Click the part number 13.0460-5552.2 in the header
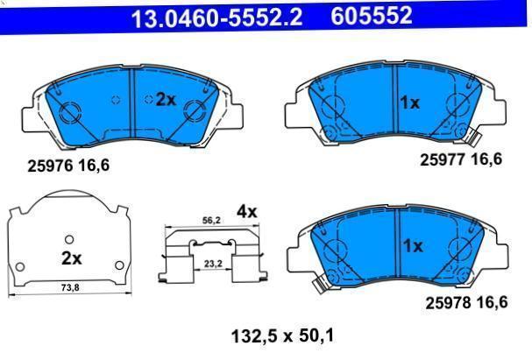(x=216, y=18)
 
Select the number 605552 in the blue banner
(x=372, y=16)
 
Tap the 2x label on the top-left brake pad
(x=166, y=100)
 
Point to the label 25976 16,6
(x=68, y=166)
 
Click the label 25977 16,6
(x=461, y=159)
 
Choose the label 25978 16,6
(x=466, y=303)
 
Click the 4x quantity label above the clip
(x=246, y=212)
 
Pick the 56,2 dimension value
(x=211, y=221)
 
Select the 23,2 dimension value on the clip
(x=213, y=264)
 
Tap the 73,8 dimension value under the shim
(x=70, y=287)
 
